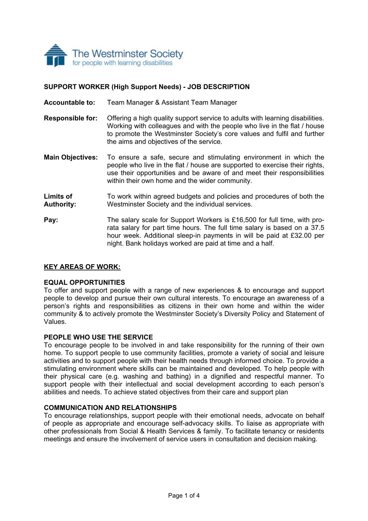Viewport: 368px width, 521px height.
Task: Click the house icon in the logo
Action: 56,56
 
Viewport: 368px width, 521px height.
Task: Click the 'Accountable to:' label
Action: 69,103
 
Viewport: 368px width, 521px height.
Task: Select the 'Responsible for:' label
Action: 70,118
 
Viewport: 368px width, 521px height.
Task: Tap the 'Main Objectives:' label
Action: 71,157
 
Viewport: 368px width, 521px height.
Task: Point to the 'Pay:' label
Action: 51,220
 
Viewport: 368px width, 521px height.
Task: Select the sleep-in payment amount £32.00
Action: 301,235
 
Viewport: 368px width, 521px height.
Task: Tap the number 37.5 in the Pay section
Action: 317,228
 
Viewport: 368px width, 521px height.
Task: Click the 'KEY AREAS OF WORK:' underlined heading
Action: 82,267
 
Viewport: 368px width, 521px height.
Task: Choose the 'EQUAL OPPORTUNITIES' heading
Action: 84,283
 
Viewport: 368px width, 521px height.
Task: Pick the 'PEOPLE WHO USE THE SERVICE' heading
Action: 98,337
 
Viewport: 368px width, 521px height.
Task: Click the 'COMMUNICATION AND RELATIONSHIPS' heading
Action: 110,408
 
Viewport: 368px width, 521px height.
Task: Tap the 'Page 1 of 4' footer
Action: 184,495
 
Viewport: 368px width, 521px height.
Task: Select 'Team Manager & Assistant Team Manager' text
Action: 172,103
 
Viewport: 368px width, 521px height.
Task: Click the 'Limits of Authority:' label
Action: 60,200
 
